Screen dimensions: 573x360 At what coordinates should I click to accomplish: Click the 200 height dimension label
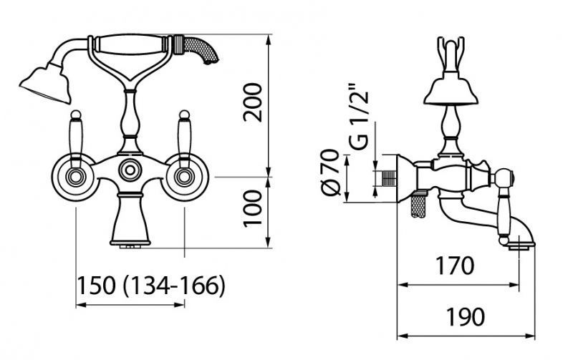[x=254, y=102]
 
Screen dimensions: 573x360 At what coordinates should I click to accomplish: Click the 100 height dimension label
[x=254, y=208]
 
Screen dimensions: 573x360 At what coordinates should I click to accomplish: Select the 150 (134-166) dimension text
[x=151, y=286]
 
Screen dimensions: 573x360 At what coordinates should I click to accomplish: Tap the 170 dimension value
[x=454, y=266]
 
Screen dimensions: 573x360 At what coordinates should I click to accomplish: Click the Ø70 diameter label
[x=331, y=172]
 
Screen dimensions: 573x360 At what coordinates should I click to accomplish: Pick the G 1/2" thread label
[x=358, y=117]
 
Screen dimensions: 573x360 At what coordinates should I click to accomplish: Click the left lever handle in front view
[x=76, y=138]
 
